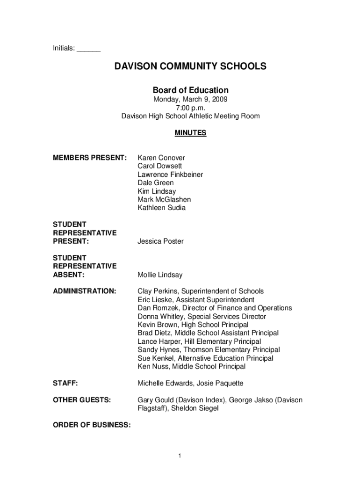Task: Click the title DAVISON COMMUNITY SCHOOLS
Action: pyautogui.click(x=191, y=66)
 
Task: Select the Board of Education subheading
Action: pyautogui.click(x=191, y=90)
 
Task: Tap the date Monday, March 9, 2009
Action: pyautogui.click(x=191, y=99)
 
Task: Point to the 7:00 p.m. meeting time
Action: pyautogui.click(x=191, y=108)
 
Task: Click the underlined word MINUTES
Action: pyautogui.click(x=190, y=133)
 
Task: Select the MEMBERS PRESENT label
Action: pyautogui.click(x=90, y=158)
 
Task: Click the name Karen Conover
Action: pyautogui.click(x=161, y=158)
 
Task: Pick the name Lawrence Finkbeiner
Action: pyautogui.click(x=170, y=174)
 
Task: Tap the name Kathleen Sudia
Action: pyautogui.click(x=161, y=208)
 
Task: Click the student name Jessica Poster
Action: pyautogui.click(x=160, y=241)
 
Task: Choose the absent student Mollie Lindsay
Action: pyautogui.click(x=160, y=275)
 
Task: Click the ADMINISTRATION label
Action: pyautogui.click(x=85, y=291)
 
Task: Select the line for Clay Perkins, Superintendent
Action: pyautogui.click(x=201, y=291)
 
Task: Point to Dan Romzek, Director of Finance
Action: pyautogui.click(x=215, y=308)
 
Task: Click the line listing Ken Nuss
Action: pyautogui.click(x=191, y=366)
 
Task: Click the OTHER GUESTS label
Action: pyautogui.click(x=82, y=400)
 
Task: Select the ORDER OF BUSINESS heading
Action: pyautogui.click(x=92, y=425)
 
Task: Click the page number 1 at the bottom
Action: pyautogui.click(x=180, y=456)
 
